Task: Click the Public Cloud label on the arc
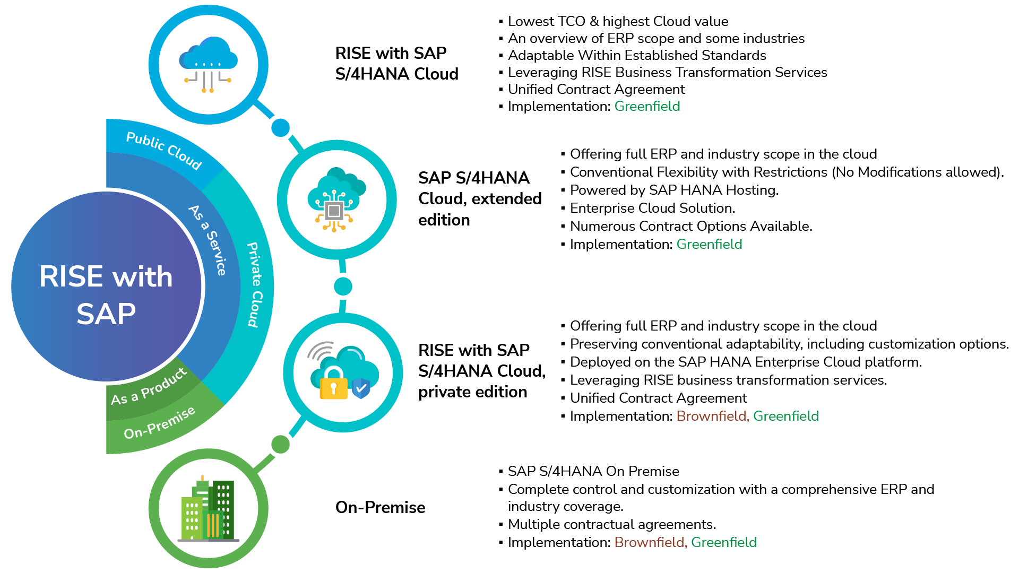164,151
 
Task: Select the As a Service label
208,240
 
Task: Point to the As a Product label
149,387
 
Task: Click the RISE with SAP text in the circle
106,295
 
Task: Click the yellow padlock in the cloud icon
333,382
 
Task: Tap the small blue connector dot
280,127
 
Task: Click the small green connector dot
280,445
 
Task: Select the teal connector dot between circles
343,286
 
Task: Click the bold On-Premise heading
380,508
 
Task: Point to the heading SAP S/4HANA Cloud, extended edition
479,198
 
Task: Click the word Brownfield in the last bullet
649,542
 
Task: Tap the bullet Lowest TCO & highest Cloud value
618,21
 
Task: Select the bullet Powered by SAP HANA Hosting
674,190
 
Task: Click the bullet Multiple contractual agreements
611,524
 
